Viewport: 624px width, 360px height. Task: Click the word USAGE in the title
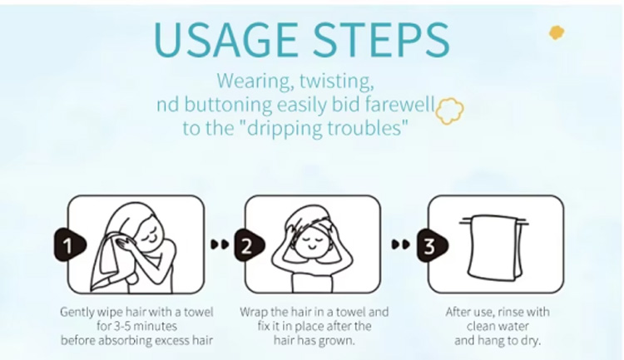(225, 39)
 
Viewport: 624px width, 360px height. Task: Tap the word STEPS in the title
(381, 39)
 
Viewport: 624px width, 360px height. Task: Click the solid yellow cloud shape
(557, 32)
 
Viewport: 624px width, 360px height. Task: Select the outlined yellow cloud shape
(449, 111)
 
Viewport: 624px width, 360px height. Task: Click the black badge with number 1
(70, 244)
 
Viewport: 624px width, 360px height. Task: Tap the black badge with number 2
(249, 245)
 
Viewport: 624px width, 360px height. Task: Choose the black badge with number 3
(432, 245)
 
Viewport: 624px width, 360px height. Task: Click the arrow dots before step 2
(220, 244)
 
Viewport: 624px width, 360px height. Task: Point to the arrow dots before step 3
(401, 244)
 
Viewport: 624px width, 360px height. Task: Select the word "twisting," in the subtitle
(337, 81)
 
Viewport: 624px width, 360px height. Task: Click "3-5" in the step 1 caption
(121, 326)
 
